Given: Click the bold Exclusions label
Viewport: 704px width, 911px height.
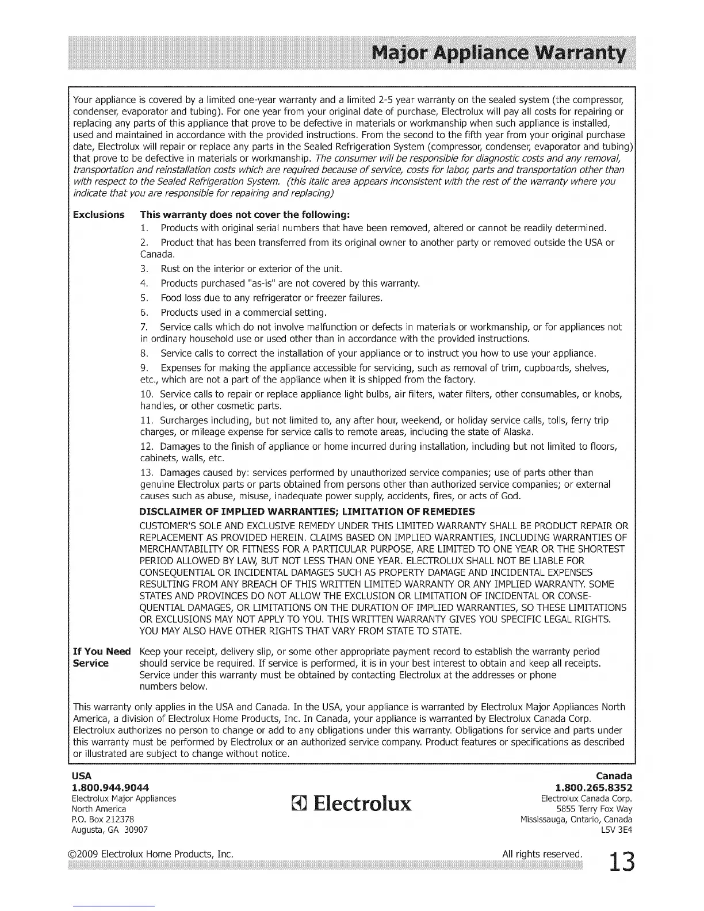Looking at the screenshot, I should click(98, 215).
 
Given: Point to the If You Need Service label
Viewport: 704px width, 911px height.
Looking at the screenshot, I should click(101, 657).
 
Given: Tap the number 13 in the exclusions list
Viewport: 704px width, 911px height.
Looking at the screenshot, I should click(146, 473).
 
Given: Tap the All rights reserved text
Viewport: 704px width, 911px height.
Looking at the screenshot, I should click(542, 853).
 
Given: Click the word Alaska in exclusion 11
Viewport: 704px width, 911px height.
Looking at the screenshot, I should click(516, 432).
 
